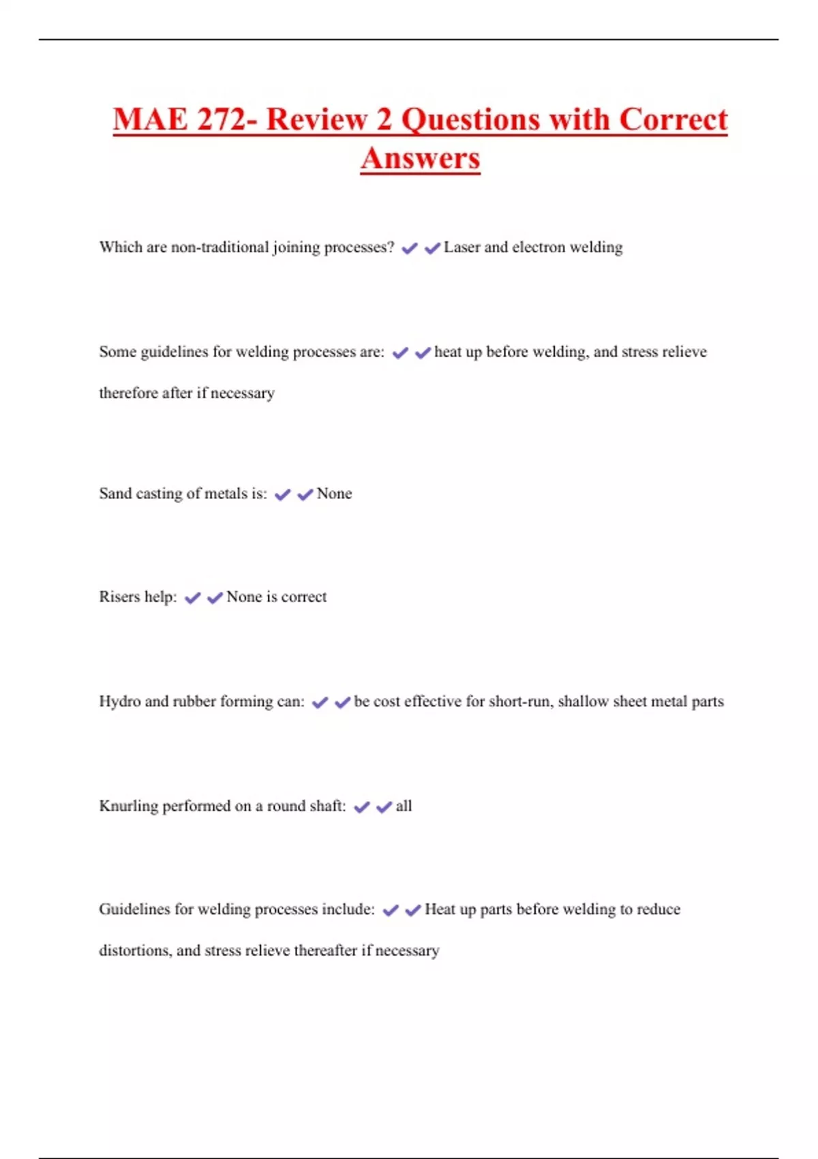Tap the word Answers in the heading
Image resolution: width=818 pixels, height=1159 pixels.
[421, 159]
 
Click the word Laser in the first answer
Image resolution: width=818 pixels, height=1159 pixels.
[461, 247]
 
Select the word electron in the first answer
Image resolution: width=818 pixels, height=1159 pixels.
[538, 247]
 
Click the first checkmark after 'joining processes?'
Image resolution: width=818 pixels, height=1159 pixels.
[409, 249]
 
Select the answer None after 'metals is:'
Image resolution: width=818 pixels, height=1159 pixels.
[334, 494]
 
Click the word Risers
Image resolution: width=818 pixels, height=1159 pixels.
[119, 597]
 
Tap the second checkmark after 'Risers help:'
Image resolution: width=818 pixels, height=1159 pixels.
[215, 598]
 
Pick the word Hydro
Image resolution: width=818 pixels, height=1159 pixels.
[119, 702]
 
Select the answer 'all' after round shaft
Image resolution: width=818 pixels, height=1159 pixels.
[404, 806]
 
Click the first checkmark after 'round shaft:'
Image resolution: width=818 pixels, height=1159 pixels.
[361, 807]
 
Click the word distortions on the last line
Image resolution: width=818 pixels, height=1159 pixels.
[134, 950]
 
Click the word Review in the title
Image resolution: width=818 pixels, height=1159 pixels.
[316, 120]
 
